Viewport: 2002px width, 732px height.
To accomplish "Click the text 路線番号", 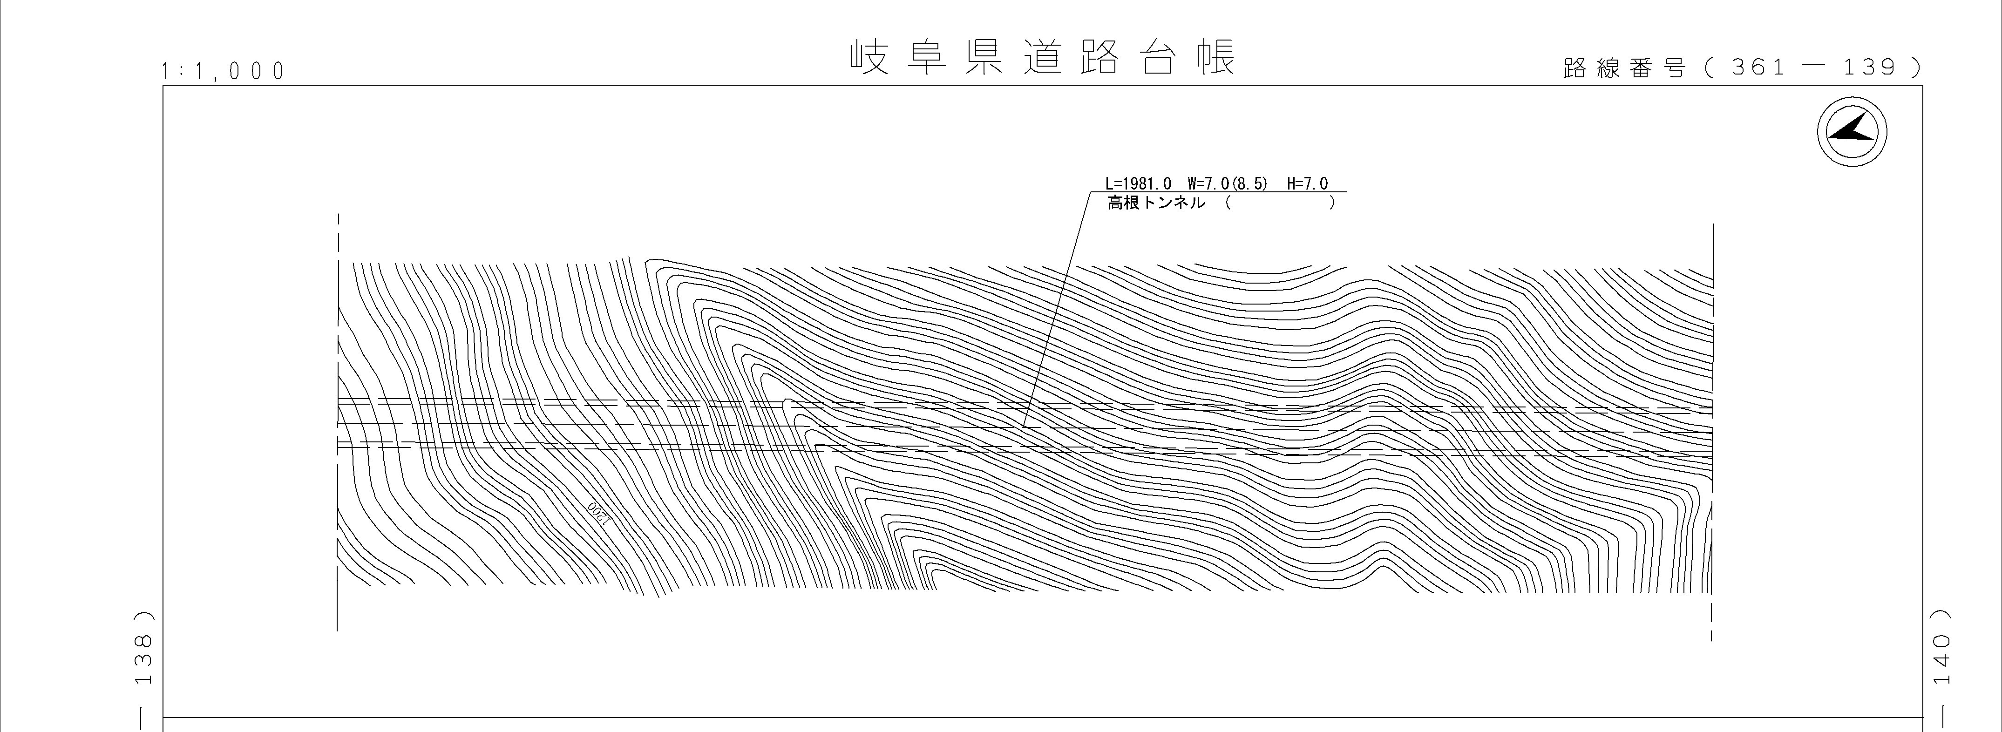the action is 1624,68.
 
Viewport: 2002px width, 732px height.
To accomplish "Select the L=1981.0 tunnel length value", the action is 1139,184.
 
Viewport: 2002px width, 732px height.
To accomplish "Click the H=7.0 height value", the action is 1308,184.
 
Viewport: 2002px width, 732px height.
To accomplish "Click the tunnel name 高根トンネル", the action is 1156,203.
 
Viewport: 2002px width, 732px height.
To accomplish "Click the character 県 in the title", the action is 984,57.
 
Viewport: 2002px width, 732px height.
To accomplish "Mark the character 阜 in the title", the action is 926,57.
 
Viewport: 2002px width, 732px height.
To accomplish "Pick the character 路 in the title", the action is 1099,57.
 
